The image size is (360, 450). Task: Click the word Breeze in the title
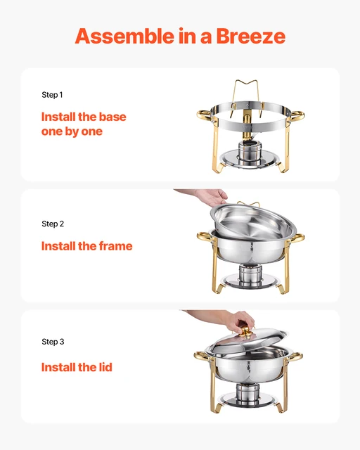[x=249, y=36]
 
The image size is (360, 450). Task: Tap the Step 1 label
[x=53, y=94]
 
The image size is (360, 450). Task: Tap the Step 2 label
[x=53, y=224]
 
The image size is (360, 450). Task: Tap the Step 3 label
[x=53, y=342]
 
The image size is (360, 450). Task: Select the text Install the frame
[x=86, y=246]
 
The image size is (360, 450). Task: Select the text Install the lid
[x=77, y=367]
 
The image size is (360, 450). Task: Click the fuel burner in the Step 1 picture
[x=250, y=151]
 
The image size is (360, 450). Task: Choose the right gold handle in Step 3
[x=297, y=358]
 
